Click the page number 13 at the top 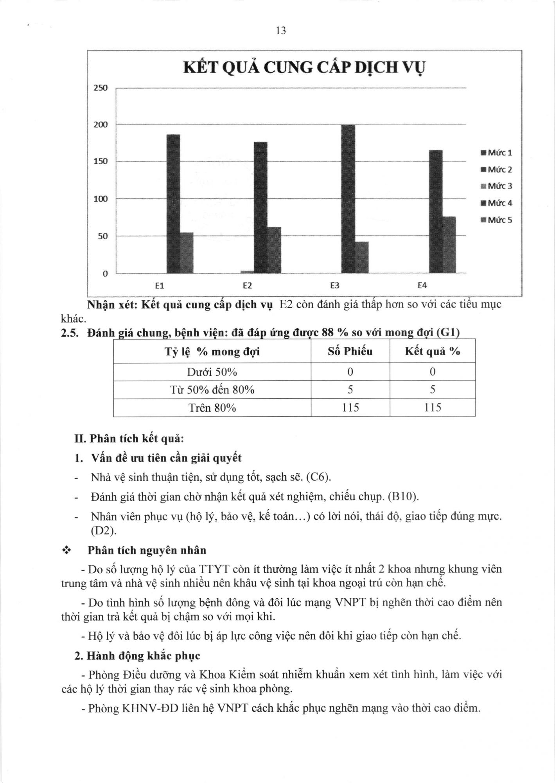(x=281, y=31)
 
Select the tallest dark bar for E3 (x=348, y=199)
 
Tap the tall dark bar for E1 (x=173, y=204)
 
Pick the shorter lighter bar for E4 (x=449, y=245)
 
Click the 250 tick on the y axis (x=101, y=88)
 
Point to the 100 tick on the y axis (x=101, y=199)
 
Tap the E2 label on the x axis (x=247, y=286)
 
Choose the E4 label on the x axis (x=422, y=286)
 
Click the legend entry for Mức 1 (x=497, y=153)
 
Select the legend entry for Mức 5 (x=497, y=220)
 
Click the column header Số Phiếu (x=350, y=352)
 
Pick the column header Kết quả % (x=432, y=352)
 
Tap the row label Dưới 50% (x=212, y=372)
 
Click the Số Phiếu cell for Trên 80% (x=350, y=408)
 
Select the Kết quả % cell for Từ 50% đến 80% (x=432, y=390)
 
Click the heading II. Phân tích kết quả (x=129, y=438)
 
